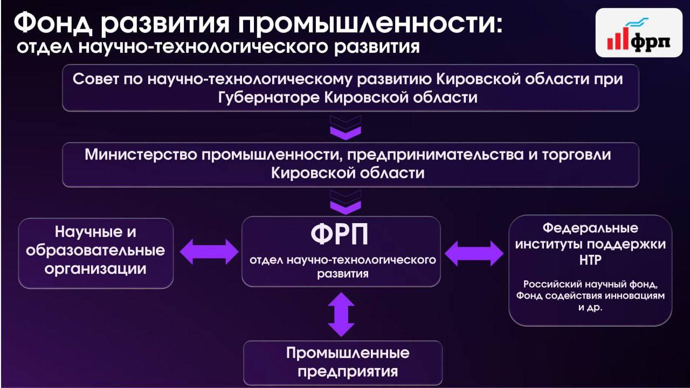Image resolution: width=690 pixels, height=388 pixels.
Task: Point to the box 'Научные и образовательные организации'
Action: (x=96, y=252)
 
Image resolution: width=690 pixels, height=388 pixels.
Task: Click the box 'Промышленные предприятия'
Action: (x=343, y=362)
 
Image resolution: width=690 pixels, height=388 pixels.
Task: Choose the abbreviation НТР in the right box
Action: (x=590, y=261)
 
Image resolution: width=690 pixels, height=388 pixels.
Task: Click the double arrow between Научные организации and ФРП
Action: (x=209, y=252)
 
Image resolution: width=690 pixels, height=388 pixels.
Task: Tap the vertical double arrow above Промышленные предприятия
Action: (x=341, y=314)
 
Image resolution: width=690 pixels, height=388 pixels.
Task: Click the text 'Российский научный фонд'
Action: (x=590, y=285)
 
